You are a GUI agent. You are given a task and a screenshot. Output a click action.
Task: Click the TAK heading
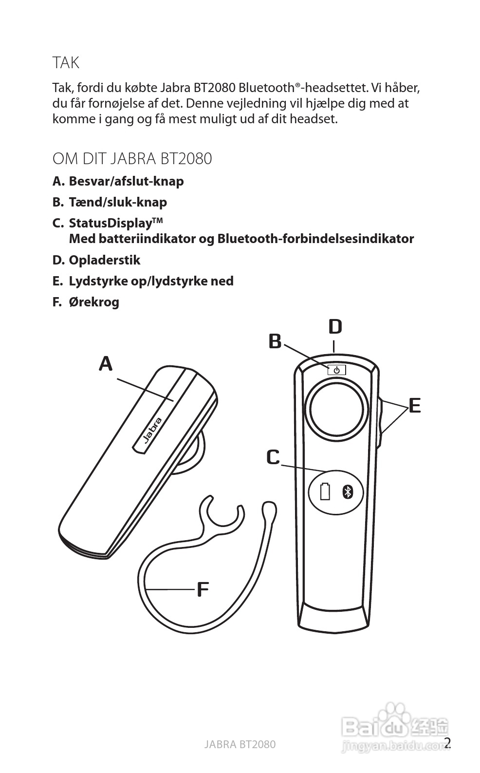pos(66,63)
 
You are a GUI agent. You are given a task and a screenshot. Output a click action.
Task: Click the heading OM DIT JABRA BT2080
pos(132,159)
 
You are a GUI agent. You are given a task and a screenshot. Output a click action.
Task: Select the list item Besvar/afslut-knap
pos(126,181)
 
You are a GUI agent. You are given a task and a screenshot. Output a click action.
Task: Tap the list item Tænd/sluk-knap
pos(118,202)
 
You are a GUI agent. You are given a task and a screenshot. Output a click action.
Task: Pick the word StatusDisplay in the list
pos(110,223)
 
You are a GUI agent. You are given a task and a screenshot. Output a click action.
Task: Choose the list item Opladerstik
pos(104,260)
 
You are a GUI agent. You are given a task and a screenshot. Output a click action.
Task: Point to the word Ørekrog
pos(94,302)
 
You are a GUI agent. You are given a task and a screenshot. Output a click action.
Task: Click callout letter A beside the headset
pos(106,363)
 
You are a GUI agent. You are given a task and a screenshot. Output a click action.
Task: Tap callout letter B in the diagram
pos(275,341)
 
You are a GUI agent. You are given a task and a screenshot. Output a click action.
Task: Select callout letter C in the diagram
pos(273,457)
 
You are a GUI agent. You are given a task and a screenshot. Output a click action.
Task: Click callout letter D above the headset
pos(335,327)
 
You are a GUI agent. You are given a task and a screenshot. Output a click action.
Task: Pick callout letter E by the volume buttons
pos(414,405)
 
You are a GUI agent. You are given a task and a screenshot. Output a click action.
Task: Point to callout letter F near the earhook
pos(203,589)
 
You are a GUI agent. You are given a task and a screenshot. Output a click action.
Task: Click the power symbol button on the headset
pos(336,370)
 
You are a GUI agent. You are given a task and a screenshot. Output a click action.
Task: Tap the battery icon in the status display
pos(325,491)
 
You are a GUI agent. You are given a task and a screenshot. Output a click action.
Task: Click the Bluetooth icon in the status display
pos(347,492)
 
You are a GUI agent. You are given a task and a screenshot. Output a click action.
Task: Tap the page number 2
pos(447,743)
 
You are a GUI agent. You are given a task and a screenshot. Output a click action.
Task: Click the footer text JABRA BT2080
pos(240,744)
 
